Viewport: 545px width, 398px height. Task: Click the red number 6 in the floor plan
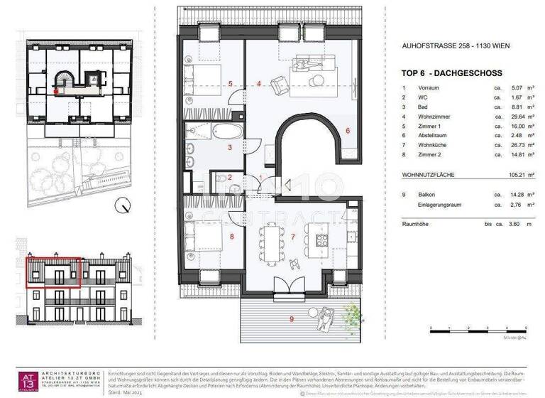(x=348, y=130)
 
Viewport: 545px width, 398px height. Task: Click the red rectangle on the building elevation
(x=55, y=272)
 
